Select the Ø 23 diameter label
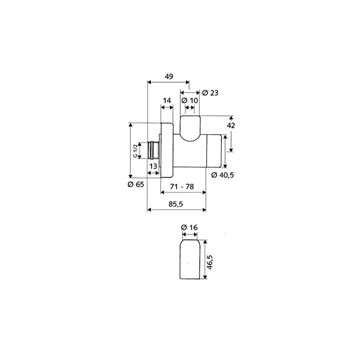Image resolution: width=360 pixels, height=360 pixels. click(210, 93)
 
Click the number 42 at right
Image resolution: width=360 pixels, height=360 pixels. click(231, 126)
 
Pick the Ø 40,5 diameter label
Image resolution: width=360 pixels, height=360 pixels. click(222, 175)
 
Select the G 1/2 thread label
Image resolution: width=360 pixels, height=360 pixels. click(135, 149)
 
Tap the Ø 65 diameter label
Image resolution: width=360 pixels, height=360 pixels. click(135, 184)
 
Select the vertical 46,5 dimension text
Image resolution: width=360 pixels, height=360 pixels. click(210, 261)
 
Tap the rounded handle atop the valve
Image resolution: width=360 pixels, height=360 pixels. click(189, 128)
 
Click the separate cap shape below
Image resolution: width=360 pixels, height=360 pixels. click(189, 261)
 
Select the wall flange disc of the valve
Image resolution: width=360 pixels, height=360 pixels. click(167, 149)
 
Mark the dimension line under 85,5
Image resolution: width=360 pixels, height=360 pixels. click(177, 210)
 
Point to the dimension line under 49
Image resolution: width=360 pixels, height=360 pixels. click(169, 82)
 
